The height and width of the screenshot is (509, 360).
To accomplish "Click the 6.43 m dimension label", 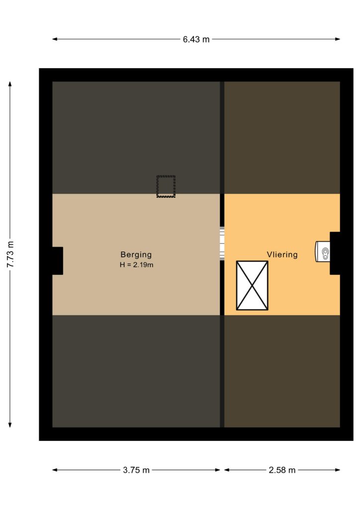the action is [x=196, y=39].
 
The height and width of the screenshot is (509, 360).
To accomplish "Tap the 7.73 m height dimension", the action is [x=10, y=254].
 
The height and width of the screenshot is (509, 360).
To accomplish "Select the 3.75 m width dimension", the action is [x=136, y=470].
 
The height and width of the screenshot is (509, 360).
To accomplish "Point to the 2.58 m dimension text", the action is [x=282, y=470].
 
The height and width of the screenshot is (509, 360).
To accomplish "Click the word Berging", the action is [x=136, y=255].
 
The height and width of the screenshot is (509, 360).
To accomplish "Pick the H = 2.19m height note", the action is [x=136, y=265].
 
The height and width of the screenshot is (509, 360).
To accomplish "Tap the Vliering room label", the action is [x=282, y=254].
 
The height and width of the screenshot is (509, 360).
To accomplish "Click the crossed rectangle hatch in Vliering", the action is [x=252, y=285].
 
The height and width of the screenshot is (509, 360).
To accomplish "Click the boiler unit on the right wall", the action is [x=323, y=252].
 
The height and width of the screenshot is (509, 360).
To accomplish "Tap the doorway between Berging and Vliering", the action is [x=222, y=244].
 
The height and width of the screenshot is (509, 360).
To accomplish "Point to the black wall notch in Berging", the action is [x=58, y=260].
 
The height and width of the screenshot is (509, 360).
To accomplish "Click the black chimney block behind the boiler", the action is [x=335, y=253].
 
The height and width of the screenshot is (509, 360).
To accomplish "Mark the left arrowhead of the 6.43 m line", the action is [x=55, y=39].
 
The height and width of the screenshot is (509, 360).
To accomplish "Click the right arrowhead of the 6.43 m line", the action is [x=338, y=39].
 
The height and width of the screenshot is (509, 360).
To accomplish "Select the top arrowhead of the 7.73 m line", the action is [x=10, y=84].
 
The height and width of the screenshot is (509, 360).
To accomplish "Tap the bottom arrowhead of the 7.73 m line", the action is [x=10, y=425].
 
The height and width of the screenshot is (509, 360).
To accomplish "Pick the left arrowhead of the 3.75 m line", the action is [x=55, y=470].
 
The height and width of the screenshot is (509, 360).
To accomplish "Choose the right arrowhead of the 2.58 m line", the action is [x=338, y=470].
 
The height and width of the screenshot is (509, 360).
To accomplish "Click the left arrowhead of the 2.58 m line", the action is [x=227, y=470].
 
